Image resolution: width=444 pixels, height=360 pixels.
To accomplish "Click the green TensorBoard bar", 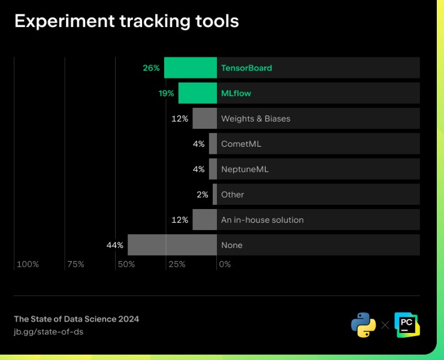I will click(x=191, y=68).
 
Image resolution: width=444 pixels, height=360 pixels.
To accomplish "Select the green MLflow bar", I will click(x=198, y=93).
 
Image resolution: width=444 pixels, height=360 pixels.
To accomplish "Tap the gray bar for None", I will click(x=172, y=245).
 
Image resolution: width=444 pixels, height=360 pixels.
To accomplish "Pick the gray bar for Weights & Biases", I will click(x=204, y=119).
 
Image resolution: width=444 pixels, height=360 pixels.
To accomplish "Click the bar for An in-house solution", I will click(x=204, y=220).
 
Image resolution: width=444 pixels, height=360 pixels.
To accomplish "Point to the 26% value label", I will click(x=151, y=68).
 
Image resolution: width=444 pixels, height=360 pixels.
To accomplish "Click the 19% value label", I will click(x=167, y=93).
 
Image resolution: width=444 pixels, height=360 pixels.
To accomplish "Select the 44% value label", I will click(x=115, y=245).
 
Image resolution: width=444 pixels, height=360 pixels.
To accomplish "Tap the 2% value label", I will click(x=203, y=195).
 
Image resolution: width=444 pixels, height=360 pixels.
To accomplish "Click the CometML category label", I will click(x=241, y=144).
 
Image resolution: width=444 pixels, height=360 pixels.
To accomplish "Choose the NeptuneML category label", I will click(x=244, y=170).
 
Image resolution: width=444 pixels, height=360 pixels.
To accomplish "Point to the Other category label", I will click(x=232, y=195).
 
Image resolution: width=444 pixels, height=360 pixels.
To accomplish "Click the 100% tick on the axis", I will click(x=28, y=264).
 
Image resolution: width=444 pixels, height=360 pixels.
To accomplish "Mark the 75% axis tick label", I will click(x=75, y=264).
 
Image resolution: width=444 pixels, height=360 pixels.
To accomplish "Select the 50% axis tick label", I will click(x=126, y=264).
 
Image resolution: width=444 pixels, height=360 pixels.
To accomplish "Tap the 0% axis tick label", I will click(x=225, y=264).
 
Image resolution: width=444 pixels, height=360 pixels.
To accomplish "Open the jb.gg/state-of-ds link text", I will click(x=49, y=331).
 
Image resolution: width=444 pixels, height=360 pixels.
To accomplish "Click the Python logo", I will click(x=363, y=325).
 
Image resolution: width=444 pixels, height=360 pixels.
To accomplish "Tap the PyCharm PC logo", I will click(x=407, y=324).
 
